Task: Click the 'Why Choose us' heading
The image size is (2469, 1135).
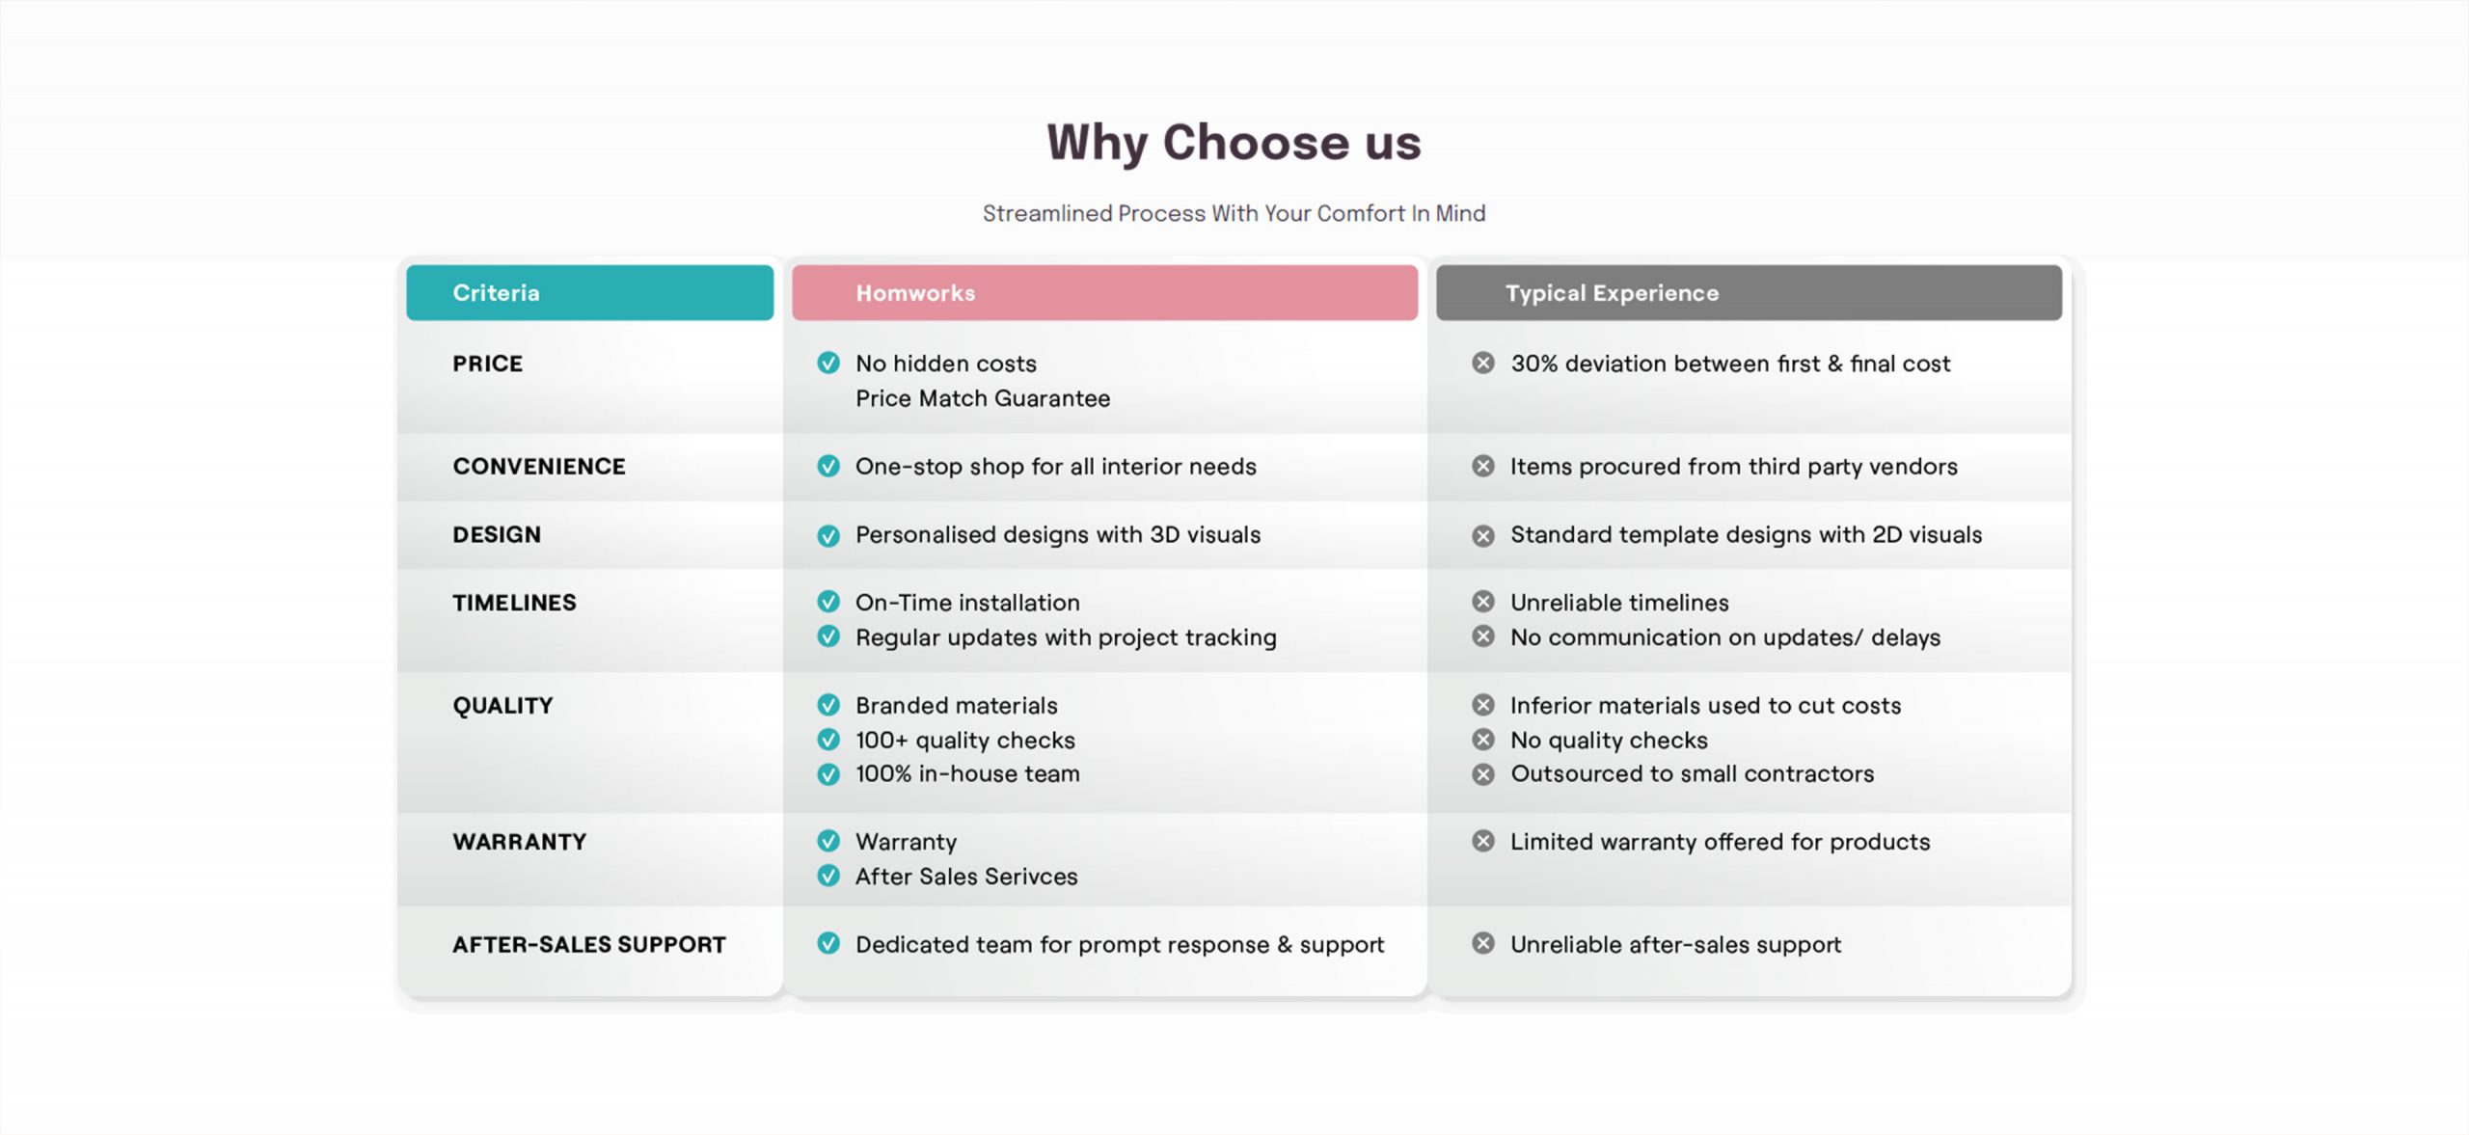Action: [1234, 143]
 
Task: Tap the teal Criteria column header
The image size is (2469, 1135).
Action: [589, 292]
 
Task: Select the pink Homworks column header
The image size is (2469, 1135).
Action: [1104, 292]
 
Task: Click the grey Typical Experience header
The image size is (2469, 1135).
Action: [1749, 292]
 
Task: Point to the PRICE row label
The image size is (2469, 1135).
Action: [488, 364]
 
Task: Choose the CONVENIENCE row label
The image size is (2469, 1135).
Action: [539, 467]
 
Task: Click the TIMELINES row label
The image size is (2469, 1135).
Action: [514, 603]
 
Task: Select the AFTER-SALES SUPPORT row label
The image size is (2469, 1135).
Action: [589, 945]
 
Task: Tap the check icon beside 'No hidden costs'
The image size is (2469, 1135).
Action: [828, 363]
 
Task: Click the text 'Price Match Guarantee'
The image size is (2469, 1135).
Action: [983, 398]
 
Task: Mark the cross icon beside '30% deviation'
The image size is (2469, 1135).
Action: [1483, 363]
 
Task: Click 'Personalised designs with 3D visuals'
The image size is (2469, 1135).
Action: [1058, 535]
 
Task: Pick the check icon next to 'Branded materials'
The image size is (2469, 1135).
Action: [828, 705]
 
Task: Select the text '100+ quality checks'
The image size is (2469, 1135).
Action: [965, 740]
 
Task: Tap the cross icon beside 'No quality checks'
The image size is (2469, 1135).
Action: [1483, 740]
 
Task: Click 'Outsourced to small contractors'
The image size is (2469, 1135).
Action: [1693, 773]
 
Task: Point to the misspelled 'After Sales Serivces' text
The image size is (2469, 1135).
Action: [966, 877]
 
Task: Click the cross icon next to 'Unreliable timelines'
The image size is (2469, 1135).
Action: [1483, 602]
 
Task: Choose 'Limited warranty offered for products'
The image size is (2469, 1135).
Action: [1721, 842]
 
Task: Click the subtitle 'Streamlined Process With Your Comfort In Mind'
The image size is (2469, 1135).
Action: [1234, 213]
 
